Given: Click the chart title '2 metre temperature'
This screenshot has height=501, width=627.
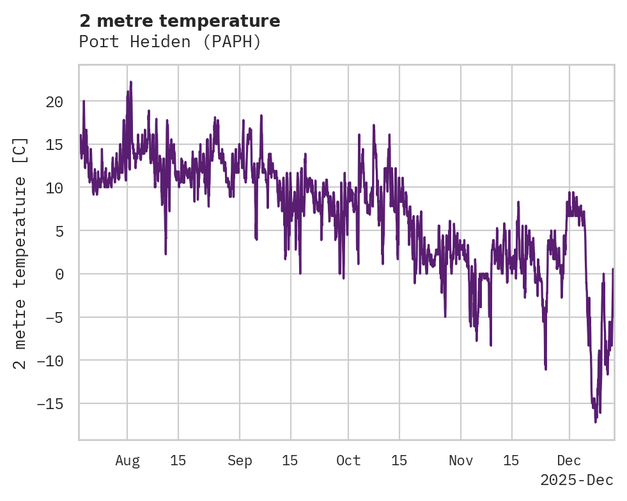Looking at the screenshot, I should pyautogui.click(x=180, y=21).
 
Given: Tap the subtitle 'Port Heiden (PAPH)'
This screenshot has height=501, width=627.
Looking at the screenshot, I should pyautogui.click(x=170, y=41).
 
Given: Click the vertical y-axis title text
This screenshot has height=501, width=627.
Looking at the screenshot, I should pyautogui.click(x=20, y=253).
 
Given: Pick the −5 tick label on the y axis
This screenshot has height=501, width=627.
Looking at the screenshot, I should pyautogui.click(x=54, y=318).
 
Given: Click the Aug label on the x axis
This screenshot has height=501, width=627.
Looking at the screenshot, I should pyautogui.click(x=127, y=460).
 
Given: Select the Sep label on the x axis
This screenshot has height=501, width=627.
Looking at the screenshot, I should pyautogui.click(x=240, y=460).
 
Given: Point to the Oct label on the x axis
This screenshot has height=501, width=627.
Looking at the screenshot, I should pyautogui.click(x=348, y=460).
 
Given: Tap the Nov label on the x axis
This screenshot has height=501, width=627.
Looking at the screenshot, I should pyautogui.click(x=461, y=460).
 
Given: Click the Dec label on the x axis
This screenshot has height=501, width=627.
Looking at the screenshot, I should pyautogui.click(x=569, y=460).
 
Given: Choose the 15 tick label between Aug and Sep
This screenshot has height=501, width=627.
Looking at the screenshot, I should pyautogui.click(x=178, y=460).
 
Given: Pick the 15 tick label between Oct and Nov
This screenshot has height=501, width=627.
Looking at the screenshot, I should pyautogui.click(x=399, y=460).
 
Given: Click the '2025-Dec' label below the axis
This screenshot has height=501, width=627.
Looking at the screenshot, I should pyautogui.click(x=577, y=481).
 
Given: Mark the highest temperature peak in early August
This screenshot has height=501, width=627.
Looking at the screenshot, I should pyautogui.click(x=130, y=82).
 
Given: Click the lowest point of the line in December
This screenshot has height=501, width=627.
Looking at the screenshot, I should pyautogui.click(x=595, y=421).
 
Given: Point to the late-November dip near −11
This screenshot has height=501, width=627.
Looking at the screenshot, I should pyautogui.click(x=545, y=368).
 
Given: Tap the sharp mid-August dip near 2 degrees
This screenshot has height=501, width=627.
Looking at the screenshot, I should pyautogui.click(x=166, y=253).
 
